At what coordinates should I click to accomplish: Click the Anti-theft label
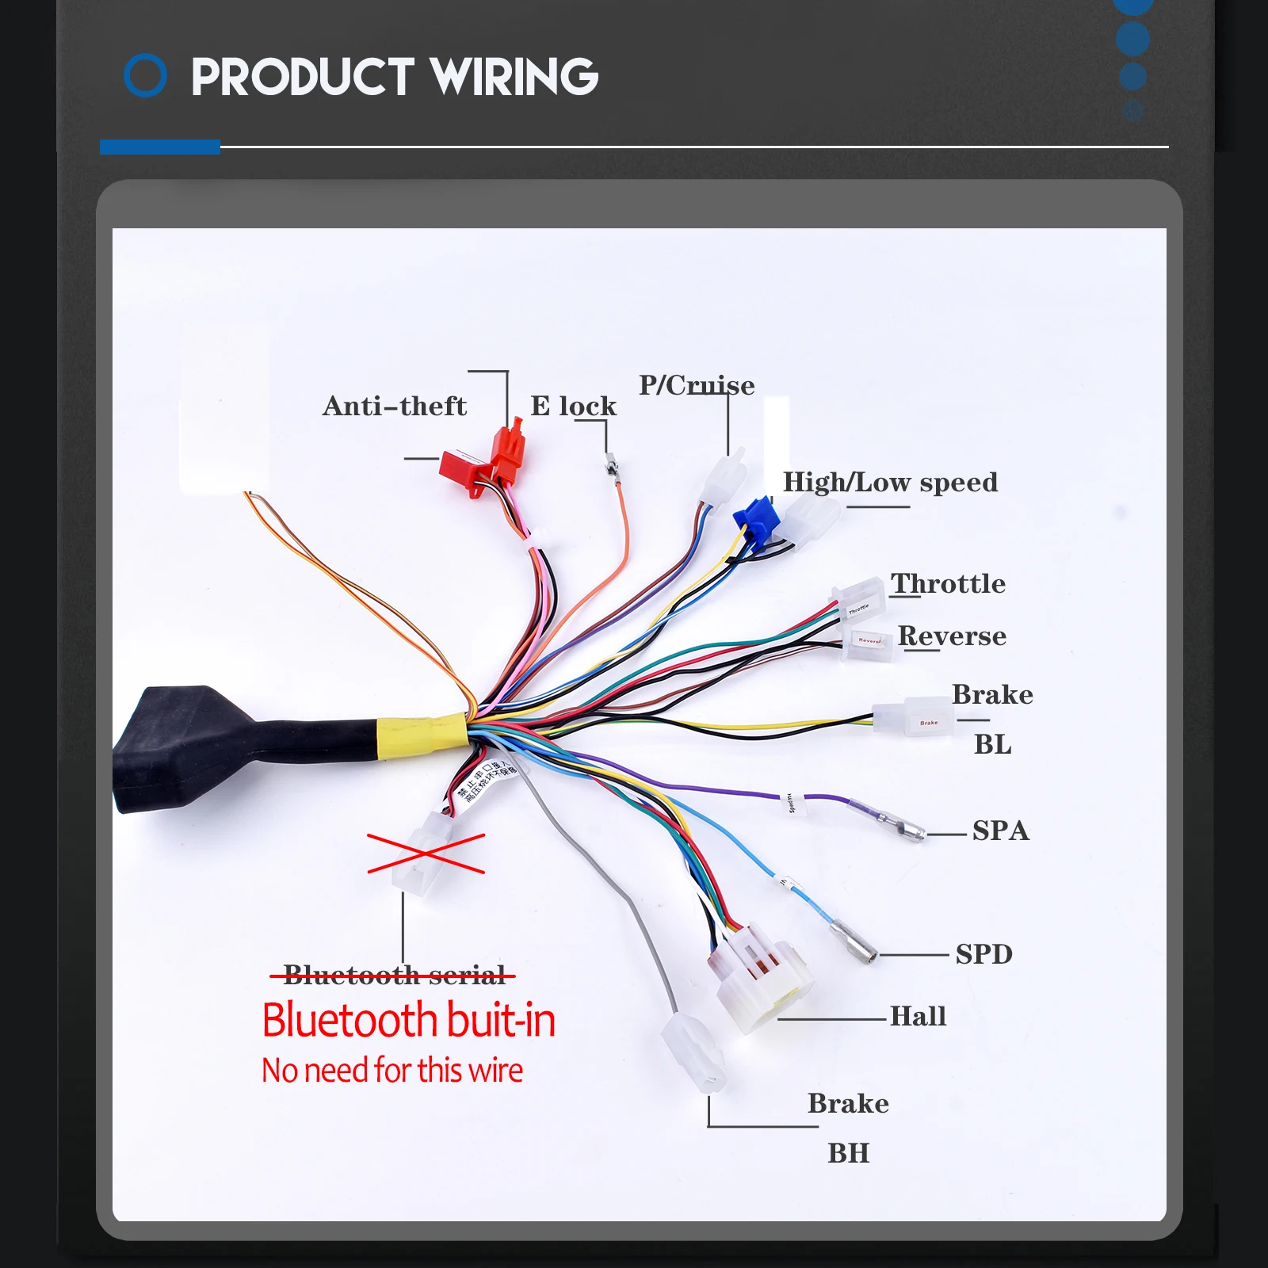(394, 407)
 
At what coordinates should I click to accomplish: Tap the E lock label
(573, 407)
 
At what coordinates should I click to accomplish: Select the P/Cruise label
(697, 386)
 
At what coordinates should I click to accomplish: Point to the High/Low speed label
(890, 483)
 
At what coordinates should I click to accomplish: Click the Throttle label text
(948, 584)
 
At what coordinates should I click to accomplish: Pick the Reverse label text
(952, 636)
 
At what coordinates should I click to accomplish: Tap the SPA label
(1000, 831)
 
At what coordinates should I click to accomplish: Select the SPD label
(983, 954)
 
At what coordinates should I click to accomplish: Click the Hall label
(918, 1016)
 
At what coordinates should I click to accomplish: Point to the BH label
(848, 1153)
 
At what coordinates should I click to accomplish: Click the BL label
(992, 745)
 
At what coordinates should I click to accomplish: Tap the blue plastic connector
(756, 519)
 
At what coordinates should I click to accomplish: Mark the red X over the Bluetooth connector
(426, 854)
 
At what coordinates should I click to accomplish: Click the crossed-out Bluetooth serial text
(394, 975)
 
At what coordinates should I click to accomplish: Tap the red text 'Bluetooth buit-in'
(408, 1020)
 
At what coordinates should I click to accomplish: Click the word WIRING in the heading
(514, 77)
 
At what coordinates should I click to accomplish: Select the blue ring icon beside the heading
(146, 76)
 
